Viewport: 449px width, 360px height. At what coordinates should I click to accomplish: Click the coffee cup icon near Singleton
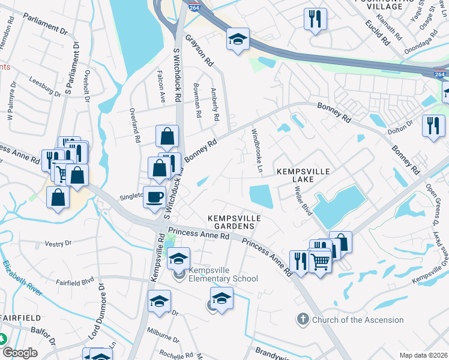(x=155, y=196)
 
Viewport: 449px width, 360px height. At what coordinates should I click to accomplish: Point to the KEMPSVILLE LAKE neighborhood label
(x=303, y=175)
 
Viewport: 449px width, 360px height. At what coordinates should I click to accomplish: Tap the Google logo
(x=19, y=352)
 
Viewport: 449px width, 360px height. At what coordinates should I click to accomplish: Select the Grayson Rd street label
(x=199, y=49)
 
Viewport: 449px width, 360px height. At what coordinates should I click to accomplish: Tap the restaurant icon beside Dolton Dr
(x=433, y=126)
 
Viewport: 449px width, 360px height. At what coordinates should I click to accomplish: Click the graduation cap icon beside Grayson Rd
(x=238, y=40)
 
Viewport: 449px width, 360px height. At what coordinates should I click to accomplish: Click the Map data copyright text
(x=423, y=355)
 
